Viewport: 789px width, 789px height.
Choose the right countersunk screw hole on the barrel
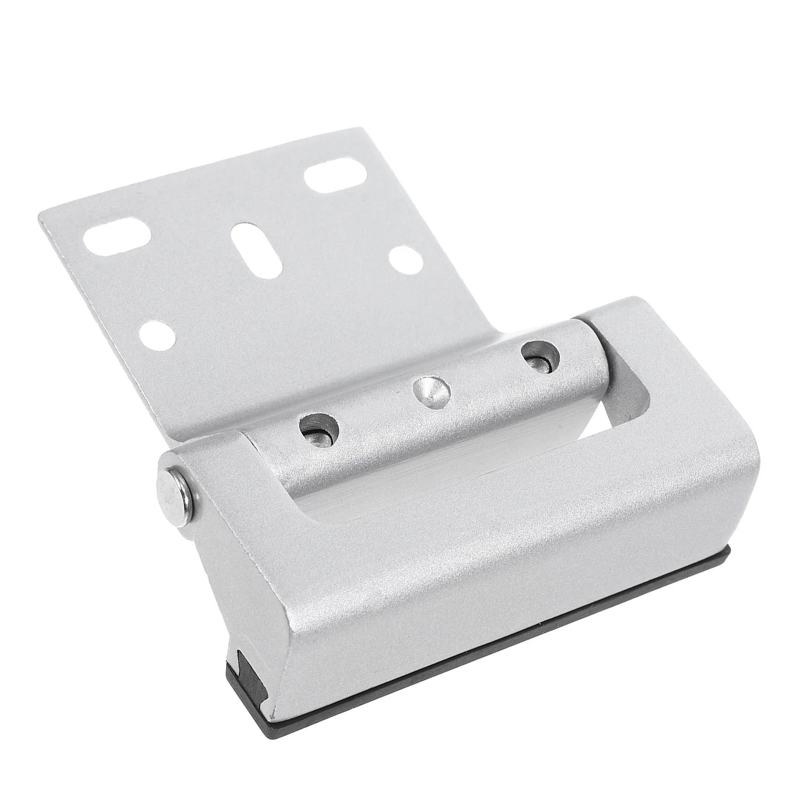(541, 356)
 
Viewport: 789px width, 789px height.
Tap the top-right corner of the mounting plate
(366, 129)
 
